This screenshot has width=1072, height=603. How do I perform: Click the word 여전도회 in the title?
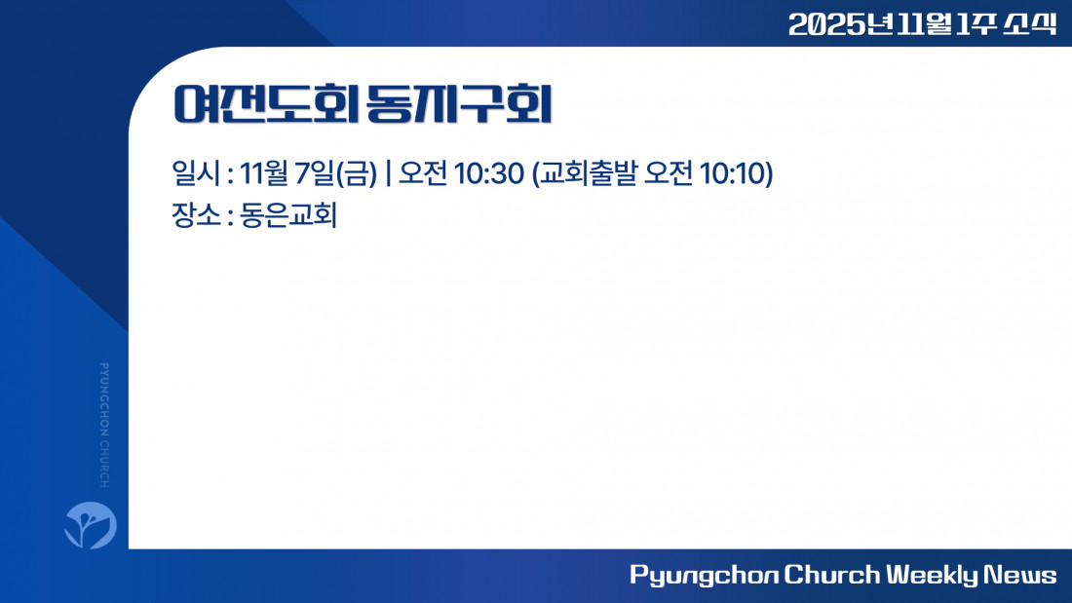(x=266, y=104)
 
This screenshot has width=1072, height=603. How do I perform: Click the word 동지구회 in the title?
(x=459, y=104)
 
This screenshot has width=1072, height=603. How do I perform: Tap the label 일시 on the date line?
(x=196, y=173)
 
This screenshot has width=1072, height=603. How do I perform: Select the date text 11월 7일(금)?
(x=308, y=173)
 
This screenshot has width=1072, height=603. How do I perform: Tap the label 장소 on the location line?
(x=196, y=214)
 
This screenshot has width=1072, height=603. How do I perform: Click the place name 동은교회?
(x=288, y=214)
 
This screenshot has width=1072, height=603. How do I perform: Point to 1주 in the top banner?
(x=976, y=24)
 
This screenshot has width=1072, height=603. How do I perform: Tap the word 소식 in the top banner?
(x=1030, y=24)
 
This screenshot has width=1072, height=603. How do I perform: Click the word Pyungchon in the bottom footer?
(x=704, y=575)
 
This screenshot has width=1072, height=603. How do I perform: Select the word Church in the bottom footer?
(x=831, y=575)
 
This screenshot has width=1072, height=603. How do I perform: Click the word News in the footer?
(x=1020, y=575)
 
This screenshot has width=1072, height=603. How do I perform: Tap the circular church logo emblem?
(x=91, y=525)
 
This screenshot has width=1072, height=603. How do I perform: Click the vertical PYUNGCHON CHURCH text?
(x=104, y=426)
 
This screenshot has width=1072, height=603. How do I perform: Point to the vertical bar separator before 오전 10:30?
(x=388, y=173)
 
